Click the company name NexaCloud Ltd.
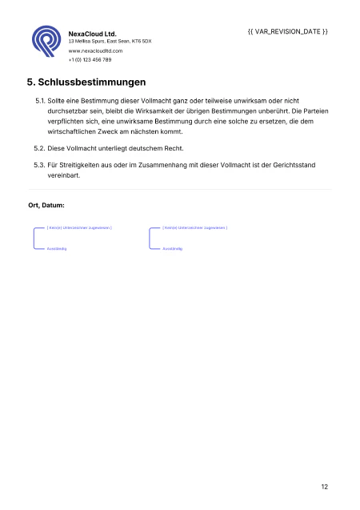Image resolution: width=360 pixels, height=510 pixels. (93, 34)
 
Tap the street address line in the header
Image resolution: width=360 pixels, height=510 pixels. (110, 41)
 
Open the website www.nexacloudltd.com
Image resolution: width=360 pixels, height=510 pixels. (95, 50)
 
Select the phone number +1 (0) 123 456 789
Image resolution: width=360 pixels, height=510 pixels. (90, 59)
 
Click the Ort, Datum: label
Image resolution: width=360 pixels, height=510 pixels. (46, 206)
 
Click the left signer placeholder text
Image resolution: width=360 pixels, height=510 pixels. (78, 228)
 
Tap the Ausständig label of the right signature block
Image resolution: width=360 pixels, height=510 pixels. (172, 249)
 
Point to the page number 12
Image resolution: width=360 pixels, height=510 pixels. (324, 486)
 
